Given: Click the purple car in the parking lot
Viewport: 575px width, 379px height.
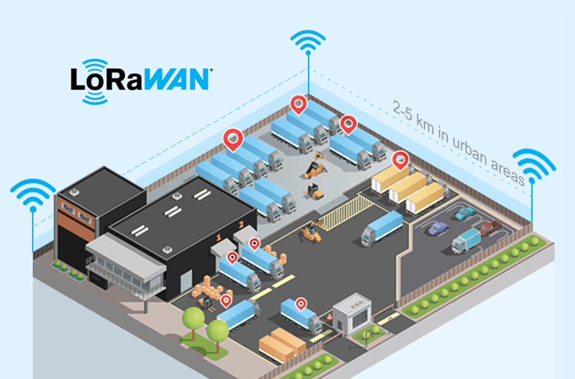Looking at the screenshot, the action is [438, 228].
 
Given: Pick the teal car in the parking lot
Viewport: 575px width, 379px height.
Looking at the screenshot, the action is [464, 213].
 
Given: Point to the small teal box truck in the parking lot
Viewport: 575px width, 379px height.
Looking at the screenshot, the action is [466, 241].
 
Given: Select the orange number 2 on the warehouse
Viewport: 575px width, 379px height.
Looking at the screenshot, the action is [241, 225].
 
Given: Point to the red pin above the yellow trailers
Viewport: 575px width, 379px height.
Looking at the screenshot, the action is [400, 159].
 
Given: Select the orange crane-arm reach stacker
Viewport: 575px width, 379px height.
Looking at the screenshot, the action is [314, 165].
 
